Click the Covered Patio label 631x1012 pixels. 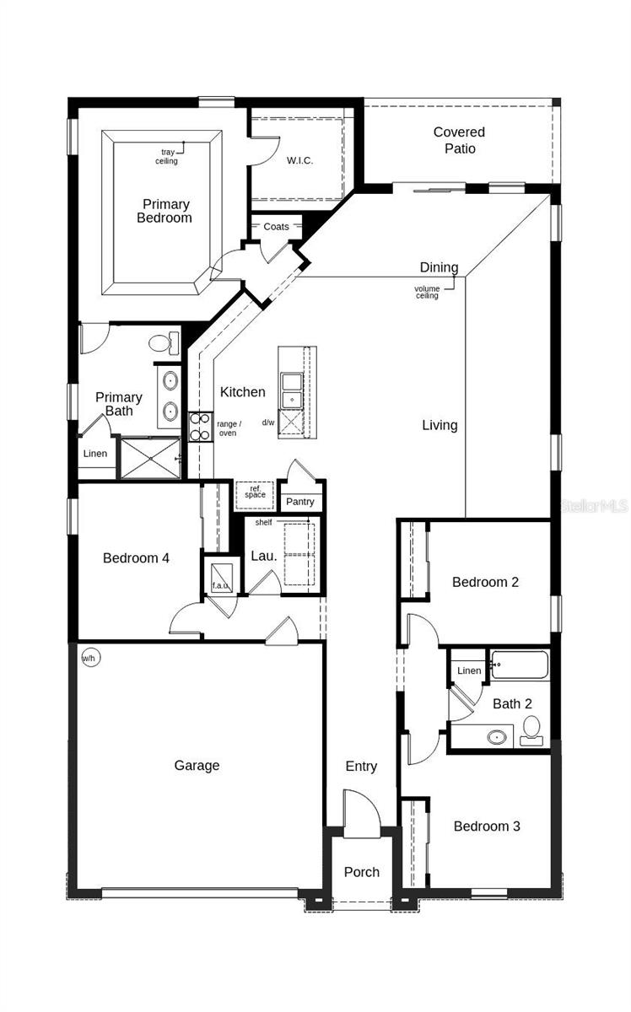(x=459, y=140)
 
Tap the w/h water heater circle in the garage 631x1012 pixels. (x=90, y=658)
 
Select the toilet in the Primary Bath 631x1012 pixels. (x=163, y=343)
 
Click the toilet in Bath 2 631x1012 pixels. (x=531, y=730)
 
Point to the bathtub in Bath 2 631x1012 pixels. (x=520, y=665)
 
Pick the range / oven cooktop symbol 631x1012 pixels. (x=200, y=427)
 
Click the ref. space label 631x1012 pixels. (x=255, y=492)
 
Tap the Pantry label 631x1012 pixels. (x=300, y=502)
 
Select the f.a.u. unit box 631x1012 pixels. (x=222, y=578)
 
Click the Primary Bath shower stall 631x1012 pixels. (x=151, y=458)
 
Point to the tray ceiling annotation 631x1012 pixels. (x=166, y=156)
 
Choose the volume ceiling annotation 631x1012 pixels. (x=427, y=292)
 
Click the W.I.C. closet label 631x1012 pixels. (x=299, y=160)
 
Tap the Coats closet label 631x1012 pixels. (x=276, y=227)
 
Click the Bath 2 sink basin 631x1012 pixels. (x=497, y=737)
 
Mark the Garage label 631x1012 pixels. (x=197, y=766)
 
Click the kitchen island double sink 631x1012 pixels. (x=292, y=390)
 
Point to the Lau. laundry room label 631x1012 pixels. (x=264, y=556)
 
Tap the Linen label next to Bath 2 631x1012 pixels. (x=469, y=670)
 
